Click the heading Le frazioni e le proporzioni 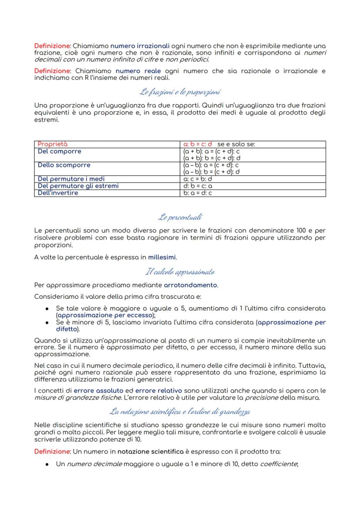(x=180, y=92)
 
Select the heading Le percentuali (x=180, y=216)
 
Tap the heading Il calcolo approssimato (x=180, y=272)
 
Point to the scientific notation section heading (x=180, y=411)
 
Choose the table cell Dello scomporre (x=64, y=165)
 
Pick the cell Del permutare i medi (x=71, y=179)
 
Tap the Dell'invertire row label (x=58, y=193)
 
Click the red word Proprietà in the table (x=53, y=144)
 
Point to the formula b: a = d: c (x=198, y=193)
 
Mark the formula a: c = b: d (x=198, y=179)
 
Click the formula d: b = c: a (x=198, y=186)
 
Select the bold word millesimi (x=162, y=257)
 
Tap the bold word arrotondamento (x=190, y=285)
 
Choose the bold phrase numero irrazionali (x=140, y=45)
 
